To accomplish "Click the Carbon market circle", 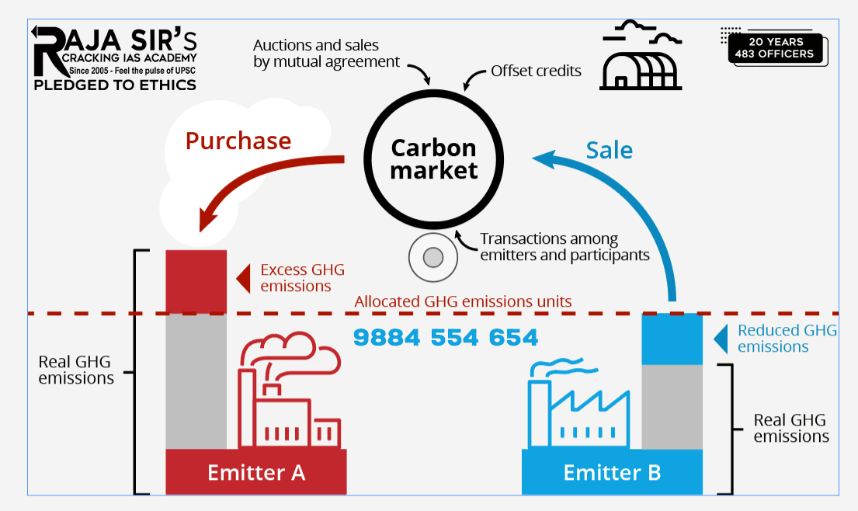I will coord(433,158).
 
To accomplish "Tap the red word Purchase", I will coord(238,141).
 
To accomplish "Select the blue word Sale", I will coord(610,150).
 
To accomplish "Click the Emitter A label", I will coord(256,472).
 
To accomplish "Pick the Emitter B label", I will coord(612,472).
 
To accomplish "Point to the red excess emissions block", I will coord(196,280).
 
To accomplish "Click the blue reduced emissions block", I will coord(672,339).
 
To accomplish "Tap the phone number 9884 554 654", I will coord(446,337).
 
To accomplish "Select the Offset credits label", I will coord(536,71).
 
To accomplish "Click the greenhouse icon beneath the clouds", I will coord(641,71).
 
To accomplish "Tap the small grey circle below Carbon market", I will coord(432,256).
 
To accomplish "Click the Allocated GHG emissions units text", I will coord(463,301).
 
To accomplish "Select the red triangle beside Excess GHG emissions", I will coord(243,277).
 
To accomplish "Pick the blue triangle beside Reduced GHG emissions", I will coord(721,339).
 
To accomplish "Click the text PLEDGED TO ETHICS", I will coord(115,85).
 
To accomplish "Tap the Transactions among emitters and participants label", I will coord(564,246).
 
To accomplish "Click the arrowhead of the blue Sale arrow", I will coord(543,158).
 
